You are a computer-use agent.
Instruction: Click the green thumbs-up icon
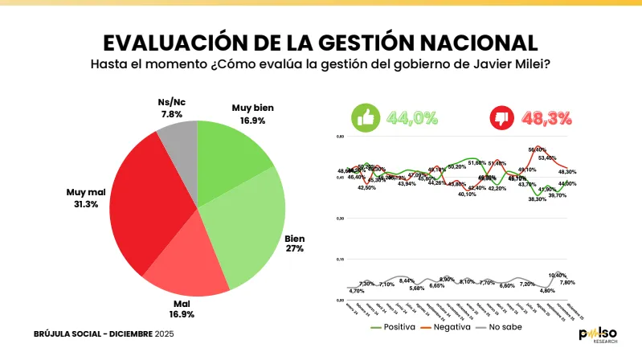click(x=366, y=118)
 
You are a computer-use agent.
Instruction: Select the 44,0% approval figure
click(x=411, y=118)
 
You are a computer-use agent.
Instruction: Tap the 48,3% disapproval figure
click(x=547, y=118)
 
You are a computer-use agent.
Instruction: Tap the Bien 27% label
click(x=295, y=244)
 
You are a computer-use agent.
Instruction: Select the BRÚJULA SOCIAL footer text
click(x=72, y=333)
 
